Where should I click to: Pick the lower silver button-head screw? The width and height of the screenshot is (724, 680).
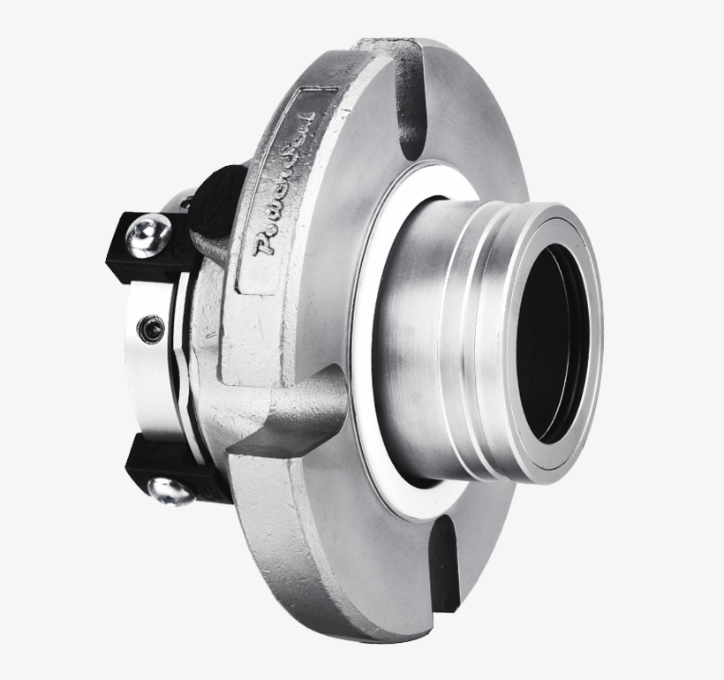pyautogui.click(x=169, y=493)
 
